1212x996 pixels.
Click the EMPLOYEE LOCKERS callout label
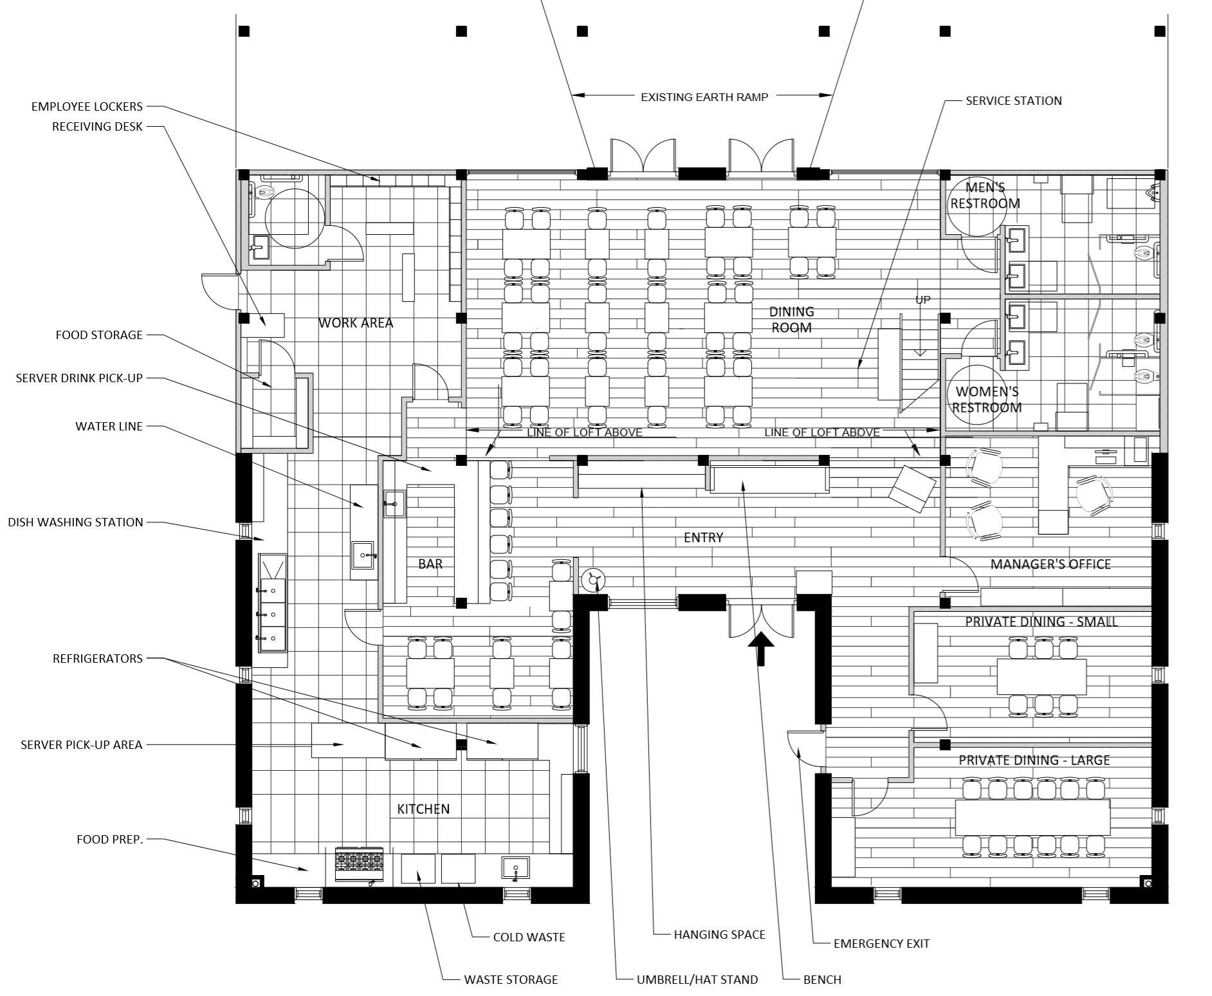point(87,106)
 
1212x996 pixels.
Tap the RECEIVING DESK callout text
point(97,127)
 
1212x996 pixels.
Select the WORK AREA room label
point(356,323)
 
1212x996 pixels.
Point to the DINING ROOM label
point(791,320)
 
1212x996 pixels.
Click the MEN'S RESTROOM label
point(986,196)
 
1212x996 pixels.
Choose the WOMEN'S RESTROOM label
point(987,400)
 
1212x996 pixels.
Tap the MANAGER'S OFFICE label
point(1051,564)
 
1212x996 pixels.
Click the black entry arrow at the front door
point(761,648)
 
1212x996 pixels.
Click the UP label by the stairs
point(923,300)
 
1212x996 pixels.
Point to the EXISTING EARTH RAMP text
point(704,97)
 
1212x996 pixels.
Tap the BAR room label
point(430,564)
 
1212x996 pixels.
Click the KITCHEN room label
point(423,809)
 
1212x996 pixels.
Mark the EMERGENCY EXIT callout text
point(881,944)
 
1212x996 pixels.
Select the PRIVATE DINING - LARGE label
point(1034,760)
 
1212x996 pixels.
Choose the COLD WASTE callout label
point(529,937)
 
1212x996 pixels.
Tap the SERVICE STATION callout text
point(1013,101)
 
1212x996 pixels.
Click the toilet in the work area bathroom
point(264,191)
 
